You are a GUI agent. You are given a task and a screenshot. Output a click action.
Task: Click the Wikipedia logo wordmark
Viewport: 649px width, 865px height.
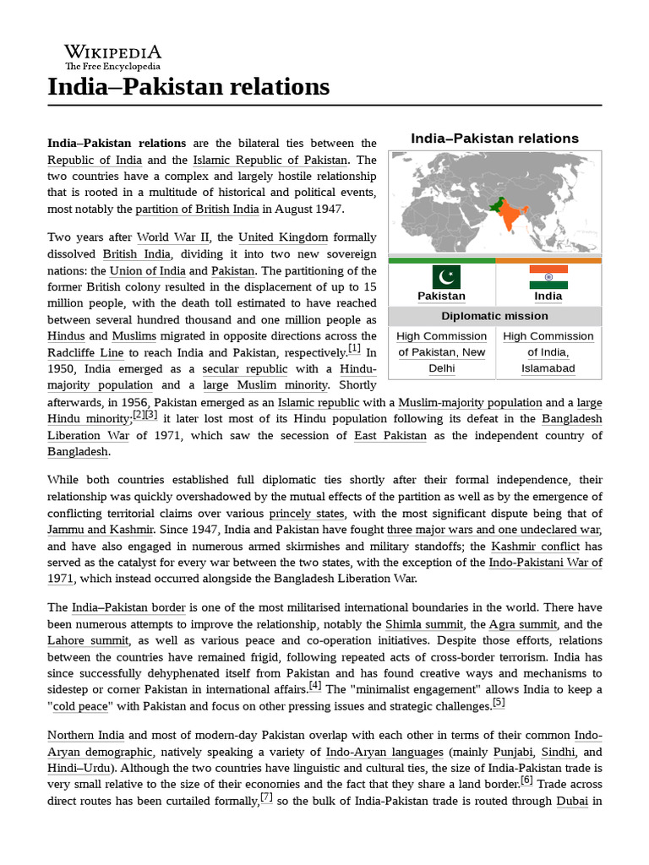(112, 52)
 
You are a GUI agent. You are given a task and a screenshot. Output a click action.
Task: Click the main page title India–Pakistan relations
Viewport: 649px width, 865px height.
(188, 86)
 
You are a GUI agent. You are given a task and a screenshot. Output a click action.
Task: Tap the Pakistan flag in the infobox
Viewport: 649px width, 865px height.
(441, 276)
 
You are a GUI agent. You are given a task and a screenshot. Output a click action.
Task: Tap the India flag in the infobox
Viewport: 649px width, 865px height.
(548, 276)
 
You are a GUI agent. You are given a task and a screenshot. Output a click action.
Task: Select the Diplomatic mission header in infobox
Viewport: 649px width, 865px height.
(494, 316)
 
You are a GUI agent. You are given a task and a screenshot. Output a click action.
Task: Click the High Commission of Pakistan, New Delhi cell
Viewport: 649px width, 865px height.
(441, 352)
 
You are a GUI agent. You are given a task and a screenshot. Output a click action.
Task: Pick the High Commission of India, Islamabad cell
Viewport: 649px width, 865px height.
(548, 352)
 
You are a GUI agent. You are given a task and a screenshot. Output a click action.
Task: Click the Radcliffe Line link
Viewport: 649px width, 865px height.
(85, 352)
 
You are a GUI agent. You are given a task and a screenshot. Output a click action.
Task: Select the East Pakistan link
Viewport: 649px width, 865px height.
(390, 436)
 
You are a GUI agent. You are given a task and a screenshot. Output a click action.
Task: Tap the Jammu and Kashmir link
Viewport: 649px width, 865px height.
(101, 530)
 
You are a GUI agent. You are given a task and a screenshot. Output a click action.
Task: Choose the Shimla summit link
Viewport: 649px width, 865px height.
(424, 624)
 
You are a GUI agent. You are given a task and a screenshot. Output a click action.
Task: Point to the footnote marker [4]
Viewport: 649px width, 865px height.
(315, 685)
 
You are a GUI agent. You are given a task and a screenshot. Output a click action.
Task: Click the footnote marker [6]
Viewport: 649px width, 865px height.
(526, 781)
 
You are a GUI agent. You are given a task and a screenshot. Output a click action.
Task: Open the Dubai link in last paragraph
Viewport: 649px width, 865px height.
(572, 800)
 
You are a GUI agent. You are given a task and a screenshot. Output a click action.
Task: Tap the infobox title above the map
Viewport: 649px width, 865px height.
(494, 138)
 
